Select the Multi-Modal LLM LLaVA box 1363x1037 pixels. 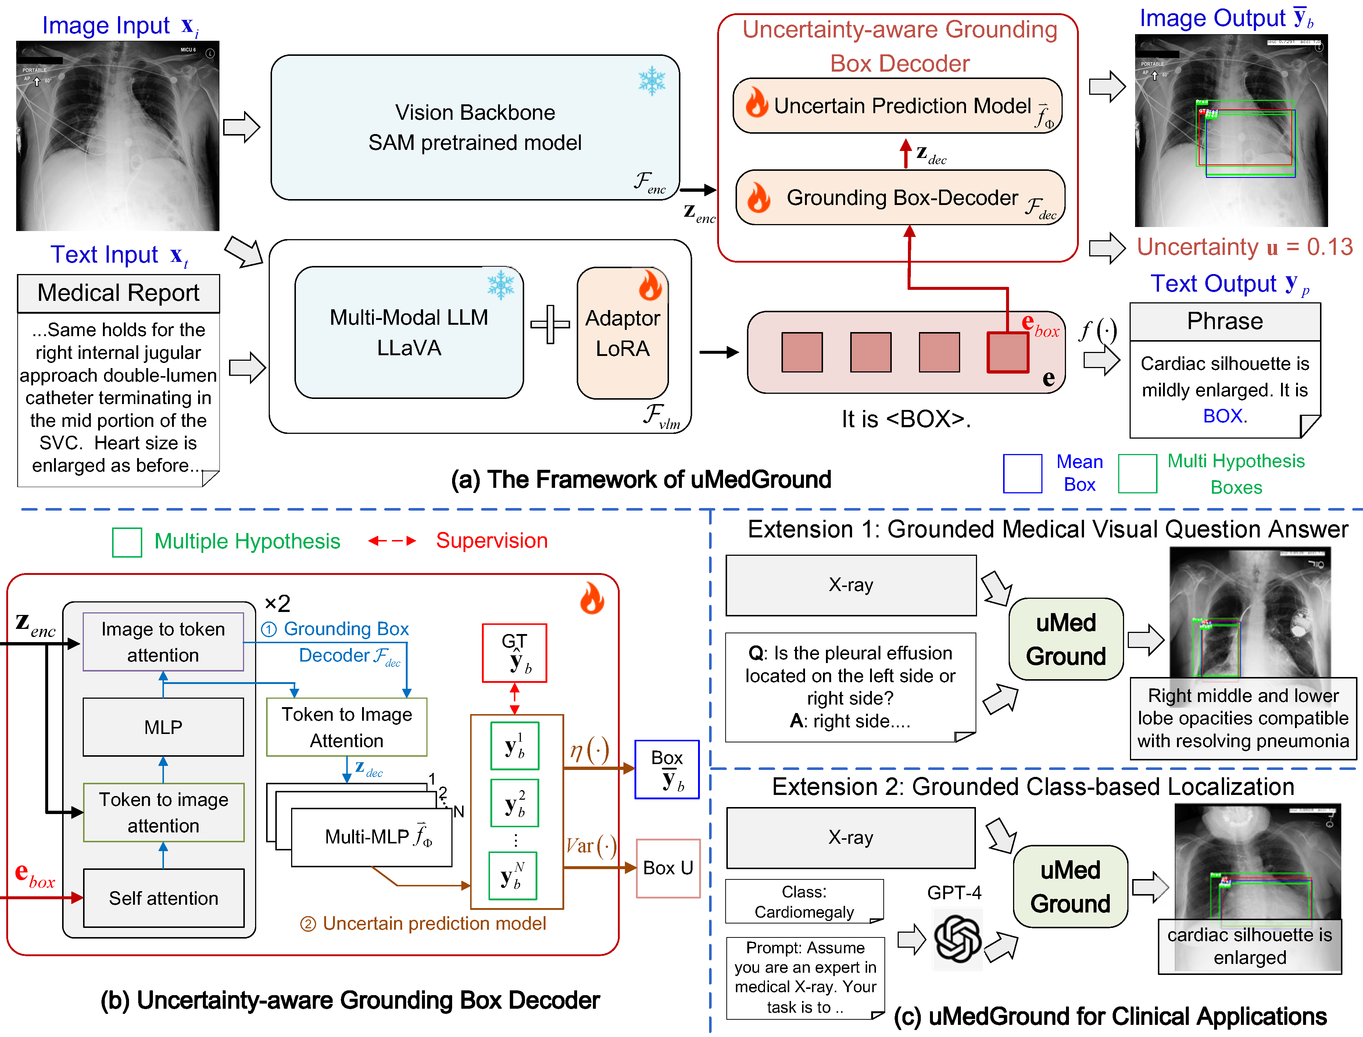(409, 333)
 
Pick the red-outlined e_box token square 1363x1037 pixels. (1007, 352)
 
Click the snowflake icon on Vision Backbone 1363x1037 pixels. (652, 81)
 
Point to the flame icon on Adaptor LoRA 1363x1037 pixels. (650, 285)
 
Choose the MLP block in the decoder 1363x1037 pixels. (163, 727)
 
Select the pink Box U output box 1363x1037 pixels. (668, 868)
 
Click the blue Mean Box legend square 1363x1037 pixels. (1022, 474)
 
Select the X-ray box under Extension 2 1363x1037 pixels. (851, 838)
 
